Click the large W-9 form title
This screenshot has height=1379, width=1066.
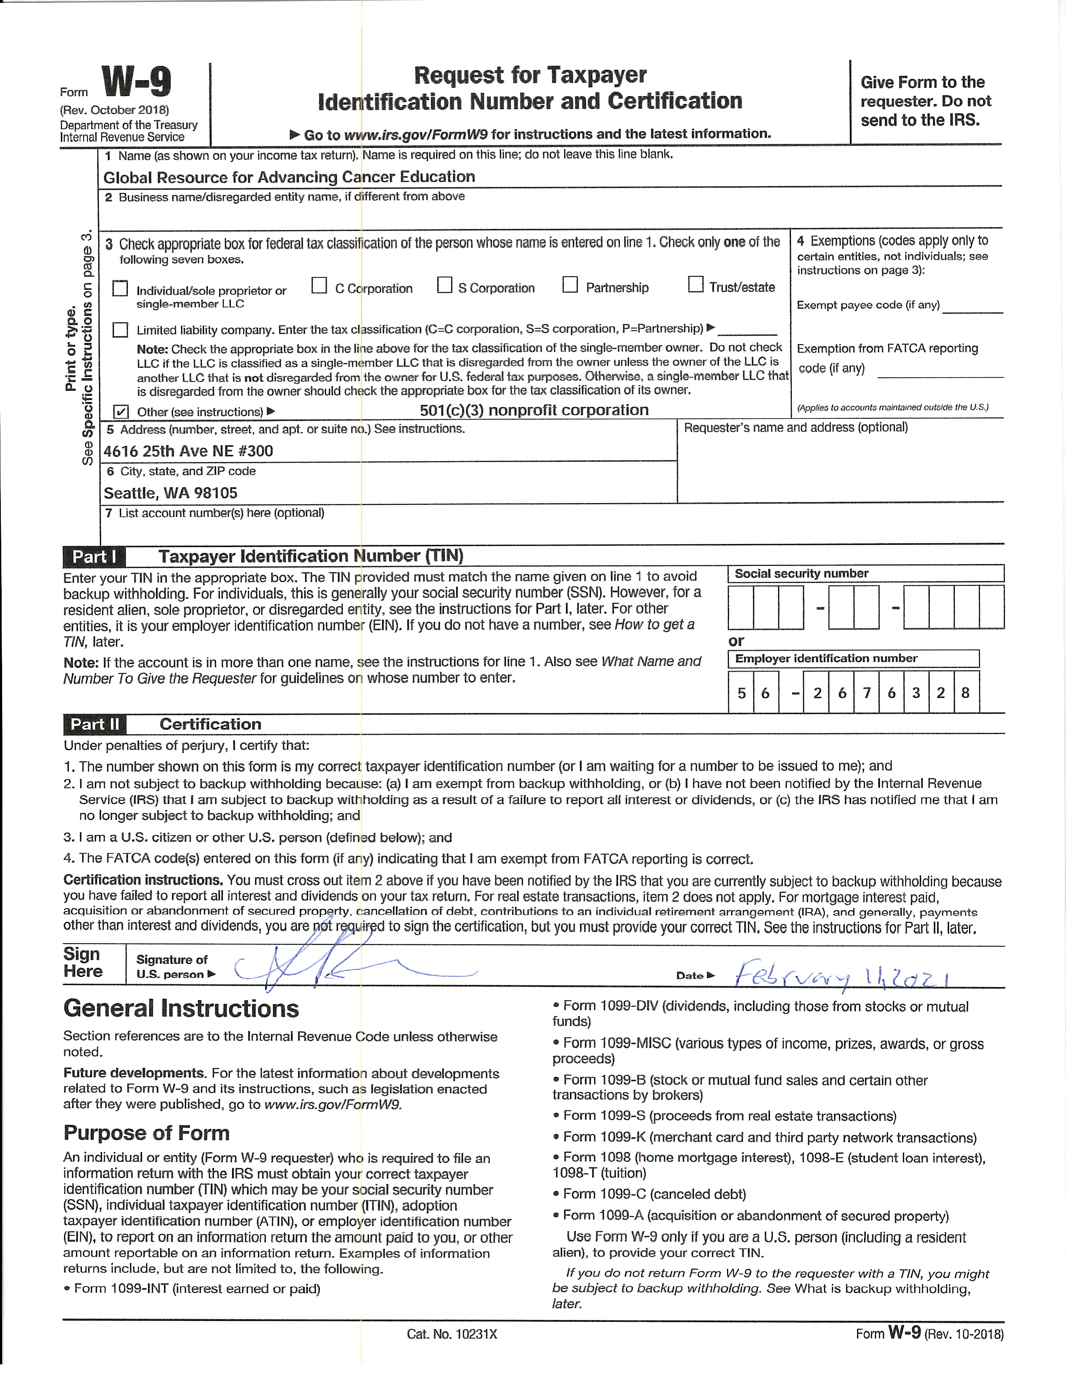pos(136,83)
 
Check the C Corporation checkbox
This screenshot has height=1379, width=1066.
pos(319,286)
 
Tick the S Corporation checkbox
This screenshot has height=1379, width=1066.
pos(445,285)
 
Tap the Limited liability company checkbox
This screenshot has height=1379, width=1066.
pos(120,330)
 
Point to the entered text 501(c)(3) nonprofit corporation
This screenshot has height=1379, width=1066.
pos(534,410)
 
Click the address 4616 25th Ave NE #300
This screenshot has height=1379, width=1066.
pos(188,451)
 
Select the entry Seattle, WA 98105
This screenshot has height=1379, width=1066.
pos(171,493)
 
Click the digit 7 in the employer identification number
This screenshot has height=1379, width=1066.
pos(867,693)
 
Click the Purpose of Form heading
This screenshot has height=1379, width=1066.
pos(146,1133)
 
